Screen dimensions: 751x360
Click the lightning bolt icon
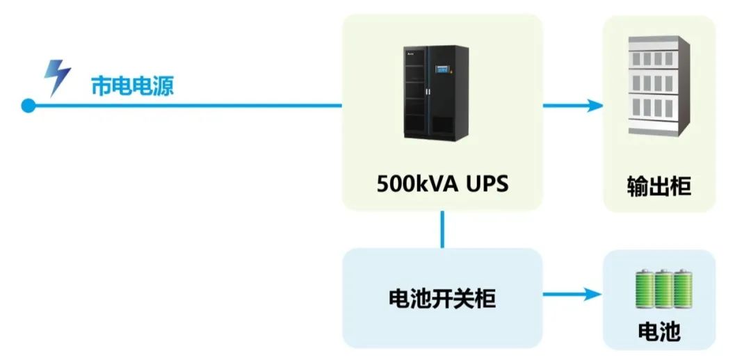coord(57,77)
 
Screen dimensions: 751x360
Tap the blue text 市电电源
coord(132,86)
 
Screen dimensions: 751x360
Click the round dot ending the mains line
coord(29,106)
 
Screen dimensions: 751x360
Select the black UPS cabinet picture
coord(436,93)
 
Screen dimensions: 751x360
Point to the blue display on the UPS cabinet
coord(442,69)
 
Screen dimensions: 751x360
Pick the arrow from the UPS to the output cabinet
coord(573,106)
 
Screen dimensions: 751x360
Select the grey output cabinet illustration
coord(659,86)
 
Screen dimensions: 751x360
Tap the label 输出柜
coord(659,186)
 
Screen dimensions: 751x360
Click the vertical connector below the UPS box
coord(442,229)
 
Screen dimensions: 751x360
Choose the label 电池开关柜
coord(442,298)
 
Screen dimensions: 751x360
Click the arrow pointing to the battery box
coord(572,294)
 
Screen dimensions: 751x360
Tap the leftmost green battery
coord(644,289)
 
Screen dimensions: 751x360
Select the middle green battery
coord(663,289)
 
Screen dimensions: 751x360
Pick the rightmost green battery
coord(683,289)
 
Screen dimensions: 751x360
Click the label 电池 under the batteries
coord(659,332)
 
